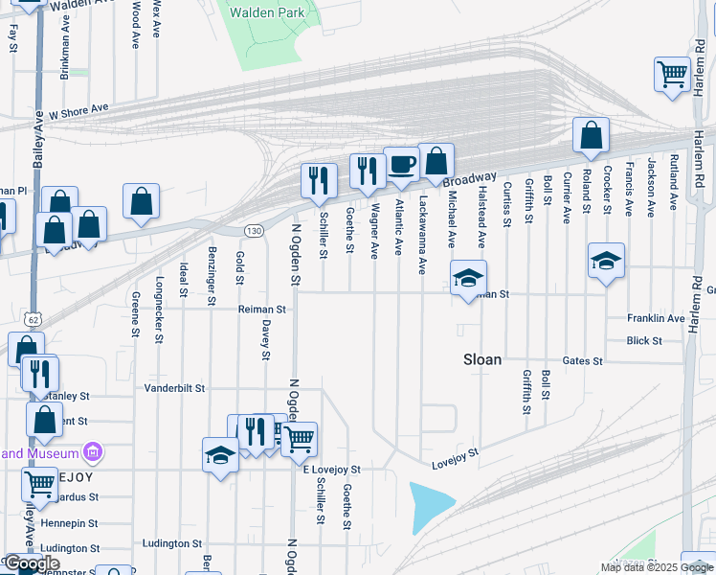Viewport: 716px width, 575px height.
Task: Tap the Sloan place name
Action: (x=481, y=359)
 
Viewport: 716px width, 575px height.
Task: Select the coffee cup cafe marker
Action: (x=402, y=164)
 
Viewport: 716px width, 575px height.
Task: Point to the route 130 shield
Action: (x=253, y=231)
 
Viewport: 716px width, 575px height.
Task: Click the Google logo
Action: (x=32, y=563)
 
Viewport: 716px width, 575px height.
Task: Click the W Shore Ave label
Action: (x=79, y=112)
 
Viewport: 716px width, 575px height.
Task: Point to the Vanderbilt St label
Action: (x=174, y=388)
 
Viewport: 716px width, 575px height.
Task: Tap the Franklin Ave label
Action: (x=656, y=318)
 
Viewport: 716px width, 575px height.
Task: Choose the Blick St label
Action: (x=643, y=340)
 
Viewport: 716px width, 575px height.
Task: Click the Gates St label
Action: (x=583, y=361)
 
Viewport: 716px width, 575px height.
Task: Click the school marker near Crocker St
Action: (x=606, y=263)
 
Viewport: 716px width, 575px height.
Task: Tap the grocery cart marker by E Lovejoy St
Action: (x=300, y=439)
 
